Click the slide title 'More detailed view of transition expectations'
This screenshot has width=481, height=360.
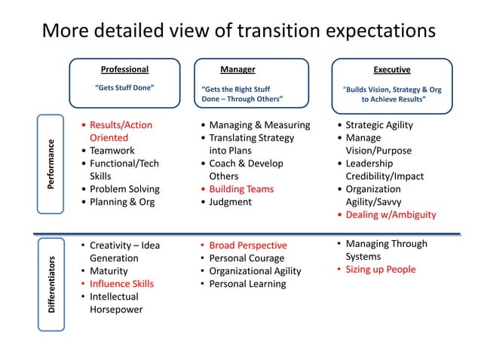pyautogui.click(x=239, y=31)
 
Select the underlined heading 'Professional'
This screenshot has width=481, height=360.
pyautogui.click(x=124, y=70)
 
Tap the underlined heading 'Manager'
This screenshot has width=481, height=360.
pyautogui.click(x=237, y=70)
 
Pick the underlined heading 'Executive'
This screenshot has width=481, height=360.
pyautogui.click(x=392, y=70)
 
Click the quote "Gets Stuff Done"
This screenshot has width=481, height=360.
pyautogui.click(x=124, y=88)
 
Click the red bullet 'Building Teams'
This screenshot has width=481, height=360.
pyautogui.click(x=241, y=189)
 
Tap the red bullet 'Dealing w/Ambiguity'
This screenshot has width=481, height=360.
pyautogui.click(x=391, y=215)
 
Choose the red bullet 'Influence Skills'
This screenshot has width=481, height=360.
pyautogui.click(x=121, y=284)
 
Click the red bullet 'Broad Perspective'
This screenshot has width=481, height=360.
pyautogui.click(x=247, y=246)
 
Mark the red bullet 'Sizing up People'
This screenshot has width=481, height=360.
pyautogui.click(x=381, y=270)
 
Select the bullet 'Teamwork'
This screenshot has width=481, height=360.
pyautogui.click(x=113, y=151)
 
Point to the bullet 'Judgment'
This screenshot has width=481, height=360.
pyautogui.click(x=231, y=202)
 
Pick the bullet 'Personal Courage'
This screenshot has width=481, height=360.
pyautogui.click(x=246, y=258)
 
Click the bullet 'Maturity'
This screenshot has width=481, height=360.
pyautogui.click(x=109, y=271)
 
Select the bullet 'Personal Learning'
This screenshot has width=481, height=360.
pyautogui.click(x=247, y=284)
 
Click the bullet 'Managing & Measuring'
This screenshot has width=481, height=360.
pyautogui.click(x=259, y=125)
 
